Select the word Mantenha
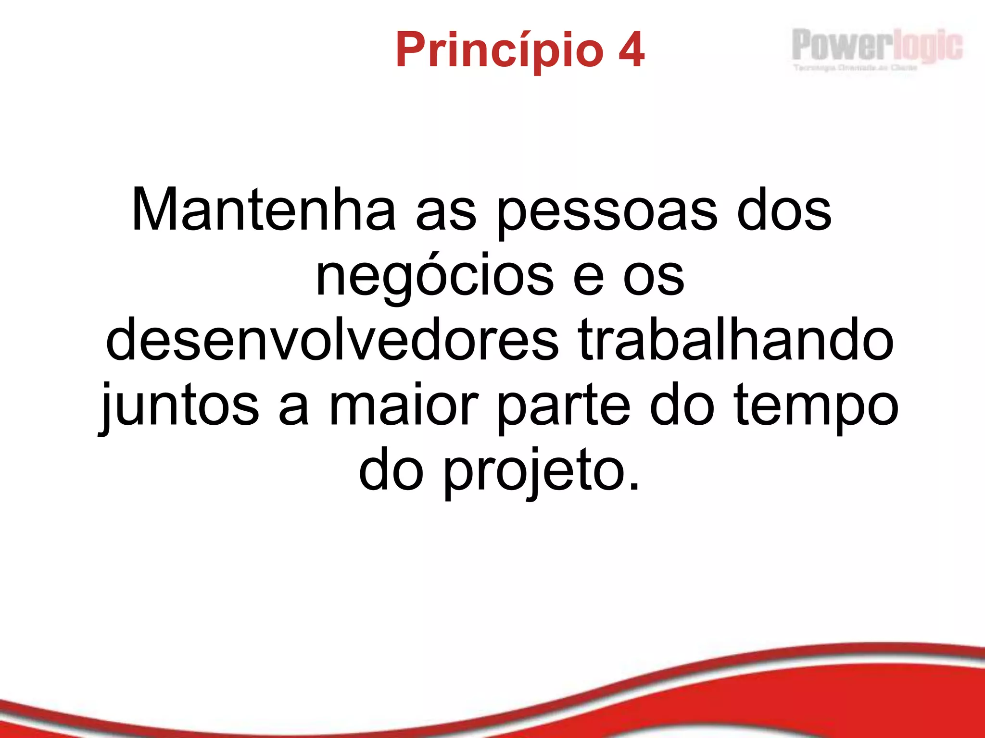click(264, 210)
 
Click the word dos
click(784, 210)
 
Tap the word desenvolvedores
click(332, 341)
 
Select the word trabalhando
click(736, 340)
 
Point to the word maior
click(403, 406)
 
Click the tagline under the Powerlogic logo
click(855, 68)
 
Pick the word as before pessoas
click(445, 214)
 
